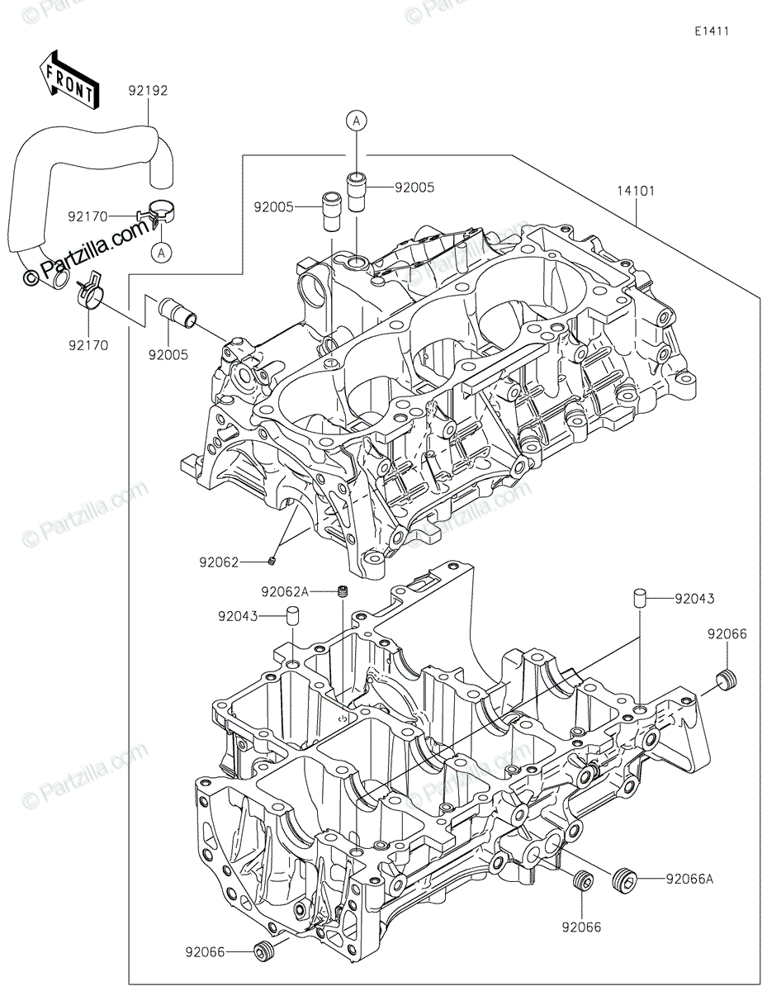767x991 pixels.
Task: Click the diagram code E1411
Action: point(712,31)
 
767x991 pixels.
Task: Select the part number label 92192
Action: point(148,91)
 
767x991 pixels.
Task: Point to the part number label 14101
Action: point(637,191)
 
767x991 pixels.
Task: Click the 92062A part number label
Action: point(285,592)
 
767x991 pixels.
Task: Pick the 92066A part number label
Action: point(689,879)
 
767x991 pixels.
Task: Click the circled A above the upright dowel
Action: point(357,121)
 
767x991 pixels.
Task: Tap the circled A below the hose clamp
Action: point(161,252)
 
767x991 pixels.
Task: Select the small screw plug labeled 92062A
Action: point(343,592)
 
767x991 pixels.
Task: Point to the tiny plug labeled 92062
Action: point(272,562)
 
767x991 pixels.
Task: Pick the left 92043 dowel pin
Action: point(292,616)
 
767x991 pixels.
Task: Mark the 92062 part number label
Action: point(219,562)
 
